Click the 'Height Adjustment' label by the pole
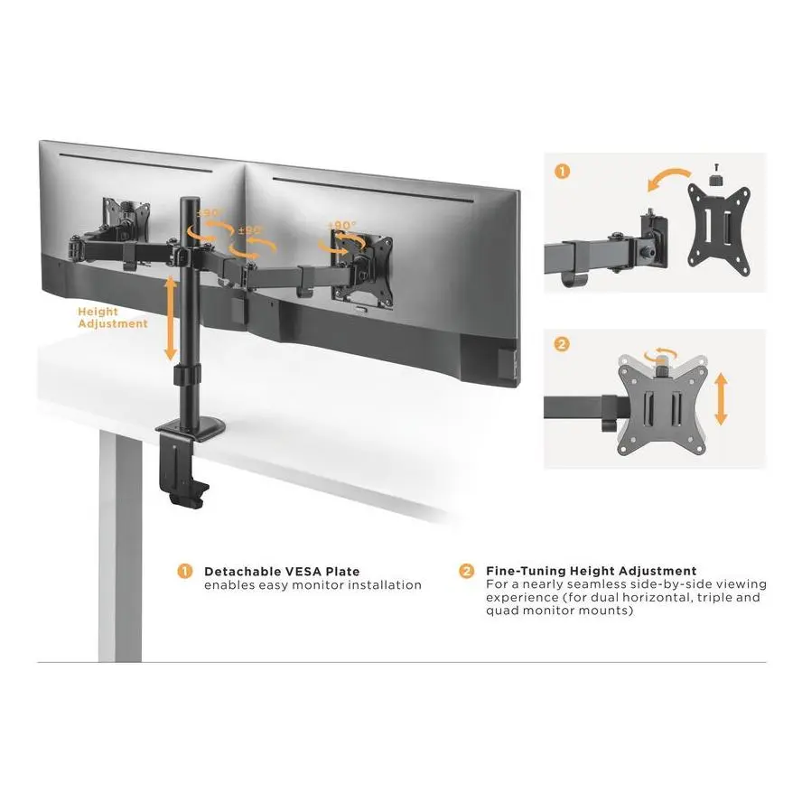pos(113,318)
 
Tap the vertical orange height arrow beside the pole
pos(171,318)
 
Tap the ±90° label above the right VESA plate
pos(341,226)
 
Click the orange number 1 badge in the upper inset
pos(562,172)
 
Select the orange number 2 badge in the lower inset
pos(562,344)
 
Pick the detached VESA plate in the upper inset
pos(719,230)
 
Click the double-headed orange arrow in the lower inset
pos(721,399)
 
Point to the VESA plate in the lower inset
pos(661,406)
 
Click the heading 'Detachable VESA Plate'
pos(282,572)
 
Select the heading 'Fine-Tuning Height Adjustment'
pos(592,571)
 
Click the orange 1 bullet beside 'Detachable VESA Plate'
pos(184,572)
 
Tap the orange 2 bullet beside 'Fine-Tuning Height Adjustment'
pos(466,571)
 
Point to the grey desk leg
pos(120,546)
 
